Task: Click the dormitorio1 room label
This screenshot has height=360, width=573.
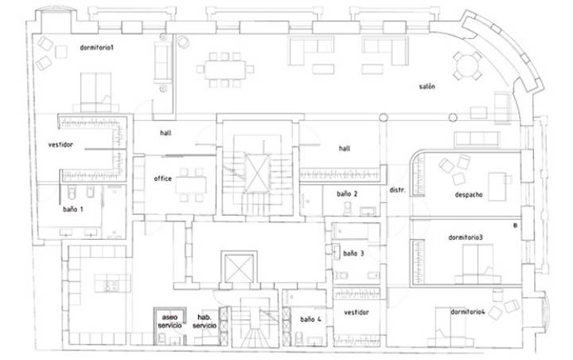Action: point(97,48)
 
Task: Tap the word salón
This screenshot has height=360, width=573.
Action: point(427,86)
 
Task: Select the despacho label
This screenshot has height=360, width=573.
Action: point(469,194)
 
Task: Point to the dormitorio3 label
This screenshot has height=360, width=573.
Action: point(466,237)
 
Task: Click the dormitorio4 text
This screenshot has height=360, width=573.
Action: point(467,312)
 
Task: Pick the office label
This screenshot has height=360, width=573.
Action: point(162,178)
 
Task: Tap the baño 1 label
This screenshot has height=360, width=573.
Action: point(72,209)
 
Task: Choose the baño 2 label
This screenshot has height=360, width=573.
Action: point(347,194)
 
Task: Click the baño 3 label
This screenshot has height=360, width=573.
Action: point(353,253)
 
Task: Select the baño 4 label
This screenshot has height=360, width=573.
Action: point(310,319)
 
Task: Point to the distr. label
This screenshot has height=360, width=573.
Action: point(397,190)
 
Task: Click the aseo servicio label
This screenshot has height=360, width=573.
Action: point(170,321)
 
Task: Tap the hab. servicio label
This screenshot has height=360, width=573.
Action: point(205,321)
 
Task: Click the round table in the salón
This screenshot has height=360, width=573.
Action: point(466,66)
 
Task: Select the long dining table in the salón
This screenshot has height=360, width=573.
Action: point(224,69)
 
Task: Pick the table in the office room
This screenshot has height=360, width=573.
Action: point(191,185)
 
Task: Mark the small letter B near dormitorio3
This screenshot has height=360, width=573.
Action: point(515,225)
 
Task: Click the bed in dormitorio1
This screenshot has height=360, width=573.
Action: point(95,92)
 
